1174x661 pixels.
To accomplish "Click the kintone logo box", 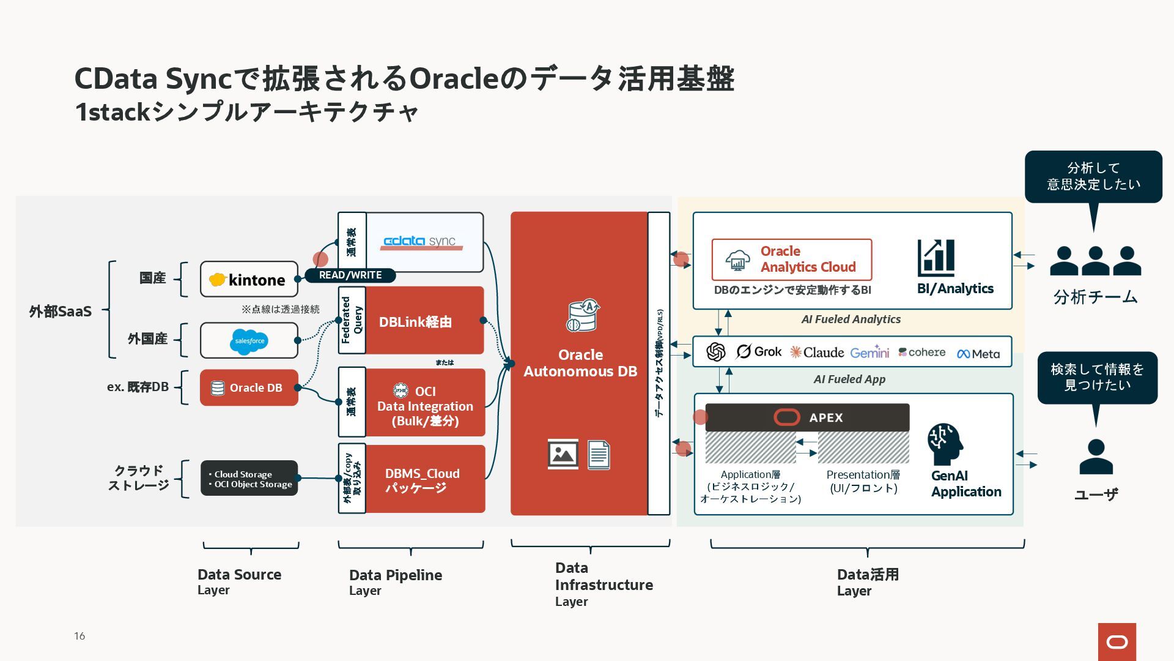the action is pyautogui.click(x=249, y=279).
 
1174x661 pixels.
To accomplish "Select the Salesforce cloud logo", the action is pyautogui.click(x=249, y=341).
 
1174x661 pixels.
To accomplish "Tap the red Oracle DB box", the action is pyautogui.click(x=249, y=387).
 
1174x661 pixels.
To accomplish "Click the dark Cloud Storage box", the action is pyautogui.click(x=249, y=478).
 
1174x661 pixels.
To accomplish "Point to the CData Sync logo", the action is pyautogui.click(x=423, y=242).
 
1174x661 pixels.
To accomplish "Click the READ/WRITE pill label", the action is pyautogui.click(x=350, y=275).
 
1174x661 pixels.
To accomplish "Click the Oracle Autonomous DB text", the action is pyautogui.click(x=580, y=363).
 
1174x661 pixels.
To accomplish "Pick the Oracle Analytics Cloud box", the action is pyautogui.click(x=792, y=260).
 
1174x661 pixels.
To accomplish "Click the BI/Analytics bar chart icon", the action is pyautogui.click(x=936, y=258).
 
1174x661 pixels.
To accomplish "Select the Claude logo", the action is pyautogui.click(x=817, y=352).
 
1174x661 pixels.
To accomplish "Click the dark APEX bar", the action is pyautogui.click(x=807, y=417).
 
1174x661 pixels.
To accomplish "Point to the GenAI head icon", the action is pyautogui.click(x=945, y=444).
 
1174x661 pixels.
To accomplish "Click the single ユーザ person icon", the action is pyautogui.click(x=1096, y=457).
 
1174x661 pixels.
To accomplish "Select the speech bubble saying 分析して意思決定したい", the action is pyautogui.click(x=1093, y=177).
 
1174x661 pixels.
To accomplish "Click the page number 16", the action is pyautogui.click(x=79, y=636).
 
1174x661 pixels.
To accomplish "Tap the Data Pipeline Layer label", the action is pyautogui.click(x=396, y=582).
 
